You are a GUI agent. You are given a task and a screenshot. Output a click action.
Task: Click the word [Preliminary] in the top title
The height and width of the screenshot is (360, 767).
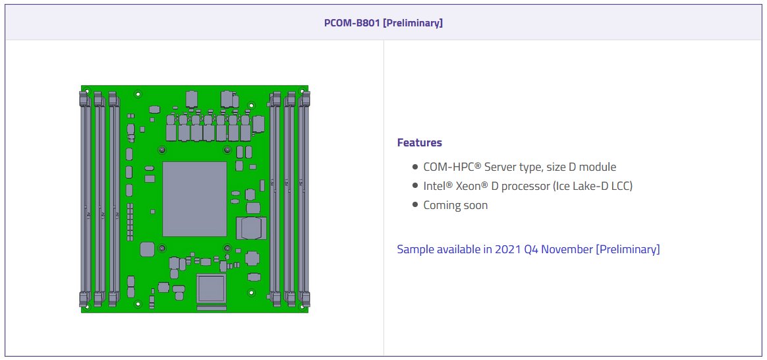412,23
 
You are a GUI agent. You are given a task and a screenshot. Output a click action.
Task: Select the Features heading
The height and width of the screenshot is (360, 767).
419,142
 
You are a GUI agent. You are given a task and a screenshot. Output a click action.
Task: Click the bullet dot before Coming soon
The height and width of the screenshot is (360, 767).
415,204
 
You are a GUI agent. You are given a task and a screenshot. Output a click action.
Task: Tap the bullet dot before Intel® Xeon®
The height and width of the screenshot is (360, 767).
415,185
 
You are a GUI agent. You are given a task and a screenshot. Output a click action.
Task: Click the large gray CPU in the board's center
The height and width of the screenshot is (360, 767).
194,198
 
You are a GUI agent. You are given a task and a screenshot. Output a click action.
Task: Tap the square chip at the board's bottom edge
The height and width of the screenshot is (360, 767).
211,288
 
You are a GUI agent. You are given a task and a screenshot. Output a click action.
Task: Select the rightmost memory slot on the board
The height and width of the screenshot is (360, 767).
304,198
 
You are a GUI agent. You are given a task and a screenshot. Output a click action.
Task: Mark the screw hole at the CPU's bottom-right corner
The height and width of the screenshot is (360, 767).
227,249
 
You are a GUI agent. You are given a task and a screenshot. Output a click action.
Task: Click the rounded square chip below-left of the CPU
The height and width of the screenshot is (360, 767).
147,249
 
